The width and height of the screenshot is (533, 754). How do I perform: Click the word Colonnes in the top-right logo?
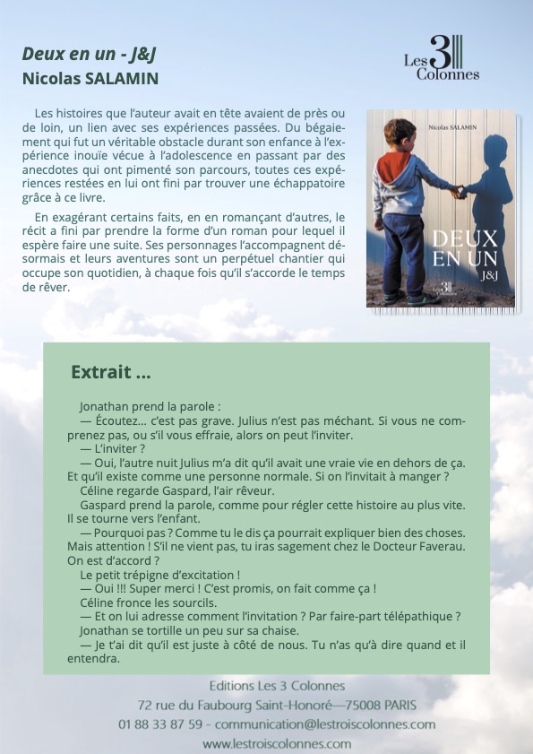448,74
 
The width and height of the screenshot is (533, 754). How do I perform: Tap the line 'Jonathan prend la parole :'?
143,406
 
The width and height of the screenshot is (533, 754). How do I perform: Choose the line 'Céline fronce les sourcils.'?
149,602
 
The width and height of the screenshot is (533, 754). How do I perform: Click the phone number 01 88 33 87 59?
160,724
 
